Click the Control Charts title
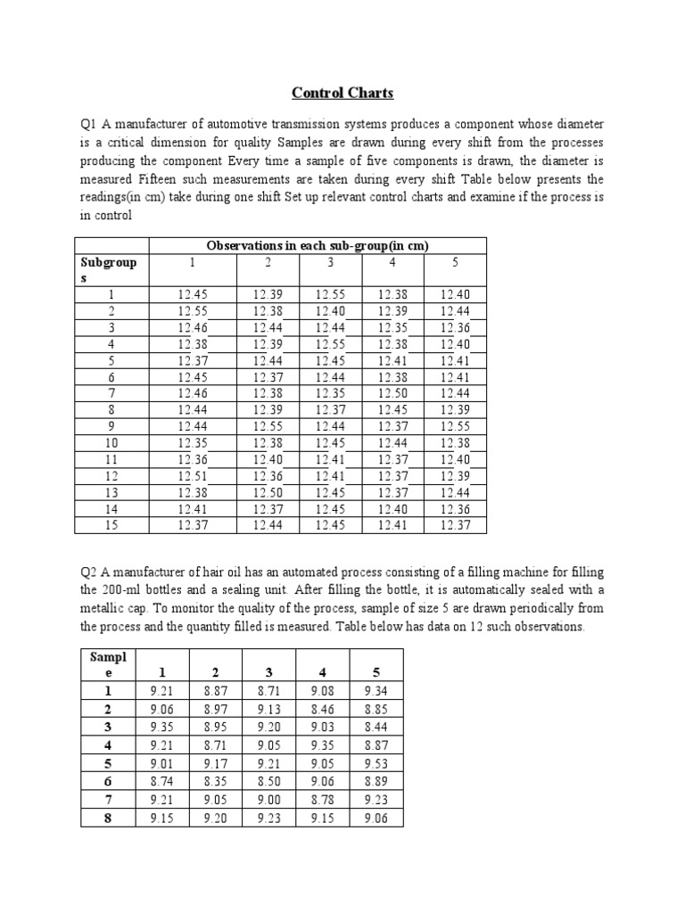tap(343, 93)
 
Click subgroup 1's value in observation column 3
tap(330, 295)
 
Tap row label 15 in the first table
tap(111, 525)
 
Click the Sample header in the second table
tap(108, 664)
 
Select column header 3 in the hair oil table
tap(268, 672)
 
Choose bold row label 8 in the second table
tap(108, 818)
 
